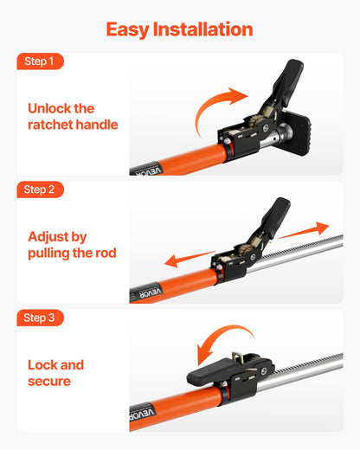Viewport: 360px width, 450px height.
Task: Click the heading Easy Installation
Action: coord(179,29)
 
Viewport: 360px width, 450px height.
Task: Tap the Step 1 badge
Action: coord(39,61)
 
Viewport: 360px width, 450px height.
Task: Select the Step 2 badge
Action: coord(39,190)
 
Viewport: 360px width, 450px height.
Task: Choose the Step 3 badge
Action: coord(39,318)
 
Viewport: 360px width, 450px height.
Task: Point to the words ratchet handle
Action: coord(73,125)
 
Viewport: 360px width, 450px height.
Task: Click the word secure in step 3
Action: coord(49,381)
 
